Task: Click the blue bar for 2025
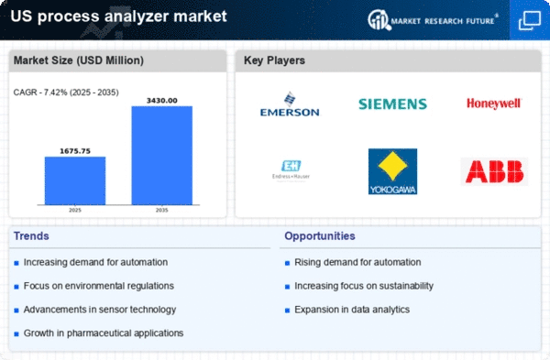click(75, 180)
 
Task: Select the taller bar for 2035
click(162, 156)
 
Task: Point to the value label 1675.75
click(75, 151)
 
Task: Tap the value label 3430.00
click(161, 101)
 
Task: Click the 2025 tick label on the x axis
click(75, 210)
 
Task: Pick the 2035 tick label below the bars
click(161, 210)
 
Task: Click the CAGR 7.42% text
click(66, 93)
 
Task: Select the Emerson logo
click(290, 104)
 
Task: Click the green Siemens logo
click(392, 104)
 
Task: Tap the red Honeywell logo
click(493, 104)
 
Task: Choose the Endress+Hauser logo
click(291, 170)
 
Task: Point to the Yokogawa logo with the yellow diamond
click(392, 171)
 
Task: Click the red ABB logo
click(494, 171)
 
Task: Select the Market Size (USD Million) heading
click(79, 60)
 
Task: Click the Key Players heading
click(274, 60)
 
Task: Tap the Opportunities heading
click(320, 236)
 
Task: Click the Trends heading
click(31, 236)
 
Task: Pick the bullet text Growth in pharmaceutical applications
click(104, 333)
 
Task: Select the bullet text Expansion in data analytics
click(352, 310)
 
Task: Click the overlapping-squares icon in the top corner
click(530, 20)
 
